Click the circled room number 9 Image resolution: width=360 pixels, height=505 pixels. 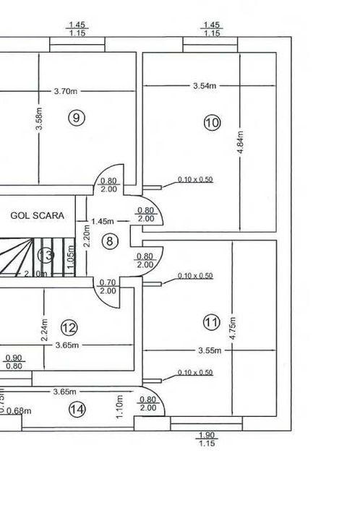pyautogui.click(x=76, y=118)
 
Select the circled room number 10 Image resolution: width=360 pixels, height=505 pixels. pyautogui.click(x=211, y=123)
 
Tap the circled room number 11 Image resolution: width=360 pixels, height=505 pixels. pyautogui.click(x=211, y=323)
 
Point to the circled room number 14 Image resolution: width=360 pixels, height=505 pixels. pyautogui.click(x=77, y=410)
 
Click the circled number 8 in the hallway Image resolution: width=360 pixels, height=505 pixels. pyautogui.click(x=109, y=241)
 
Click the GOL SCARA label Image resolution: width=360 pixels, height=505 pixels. pyautogui.click(x=38, y=215)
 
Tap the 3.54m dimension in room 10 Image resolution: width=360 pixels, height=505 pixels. pyautogui.click(x=205, y=86)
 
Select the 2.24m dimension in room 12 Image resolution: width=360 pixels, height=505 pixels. pyautogui.click(x=44, y=330)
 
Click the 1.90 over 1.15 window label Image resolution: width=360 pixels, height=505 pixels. pyautogui.click(x=206, y=439)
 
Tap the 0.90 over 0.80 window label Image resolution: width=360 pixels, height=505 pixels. pyautogui.click(x=13, y=362)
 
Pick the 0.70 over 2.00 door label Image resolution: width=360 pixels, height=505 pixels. pyautogui.click(x=108, y=287)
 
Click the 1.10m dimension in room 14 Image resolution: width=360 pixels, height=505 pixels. pyautogui.click(x=119, y=407)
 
